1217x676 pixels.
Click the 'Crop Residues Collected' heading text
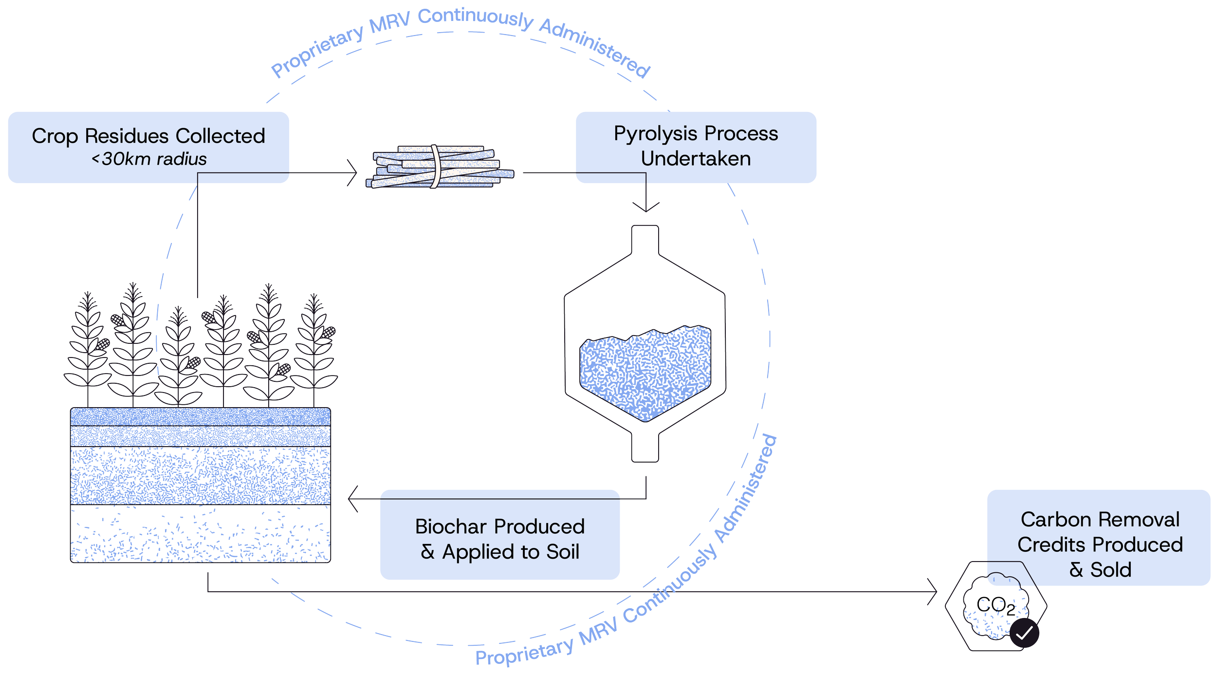tap(148, 136)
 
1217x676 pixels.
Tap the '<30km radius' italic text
tap(149, 159)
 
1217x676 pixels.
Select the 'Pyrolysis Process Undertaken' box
tap(696, 147)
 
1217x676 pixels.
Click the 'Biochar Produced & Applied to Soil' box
tap(500, 539)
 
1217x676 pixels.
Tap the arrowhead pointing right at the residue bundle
tap(354, 172)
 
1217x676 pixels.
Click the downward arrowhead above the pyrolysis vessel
tap(646, 207)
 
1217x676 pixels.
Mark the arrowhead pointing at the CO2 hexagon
tap(933, 592)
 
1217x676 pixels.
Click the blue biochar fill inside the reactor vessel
tap(645, 370)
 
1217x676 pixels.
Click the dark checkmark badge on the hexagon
tap(1024, 633)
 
